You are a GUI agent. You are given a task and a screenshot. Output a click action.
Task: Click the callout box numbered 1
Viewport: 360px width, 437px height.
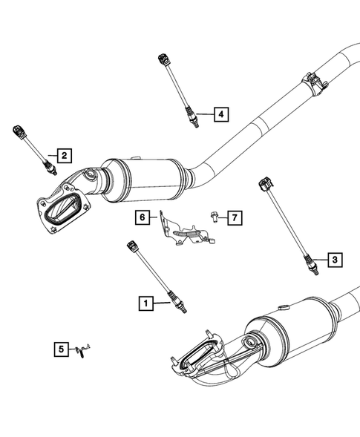click(x=145, y=303)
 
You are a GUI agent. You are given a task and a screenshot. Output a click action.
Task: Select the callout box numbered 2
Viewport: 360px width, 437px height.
click(x=65, y=155)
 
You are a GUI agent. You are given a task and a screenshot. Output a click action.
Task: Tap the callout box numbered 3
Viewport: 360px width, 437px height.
click(x=334, y=259)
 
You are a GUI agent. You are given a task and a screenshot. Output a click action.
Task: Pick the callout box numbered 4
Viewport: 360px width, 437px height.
click(x=220, y=114)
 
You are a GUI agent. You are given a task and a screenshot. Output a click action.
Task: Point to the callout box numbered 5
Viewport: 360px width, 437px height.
click(x=59, y=346)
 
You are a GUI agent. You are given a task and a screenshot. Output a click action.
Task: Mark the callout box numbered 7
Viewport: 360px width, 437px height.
click(x=234, y=217)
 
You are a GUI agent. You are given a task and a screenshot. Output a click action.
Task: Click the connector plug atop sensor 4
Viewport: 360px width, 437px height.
click(x=162, y=59)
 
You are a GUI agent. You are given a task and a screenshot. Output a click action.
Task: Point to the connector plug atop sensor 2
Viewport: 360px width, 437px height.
click(x=19, y=132)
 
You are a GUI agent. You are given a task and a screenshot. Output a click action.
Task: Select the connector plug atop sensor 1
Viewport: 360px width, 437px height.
click(x=134, y=244)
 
